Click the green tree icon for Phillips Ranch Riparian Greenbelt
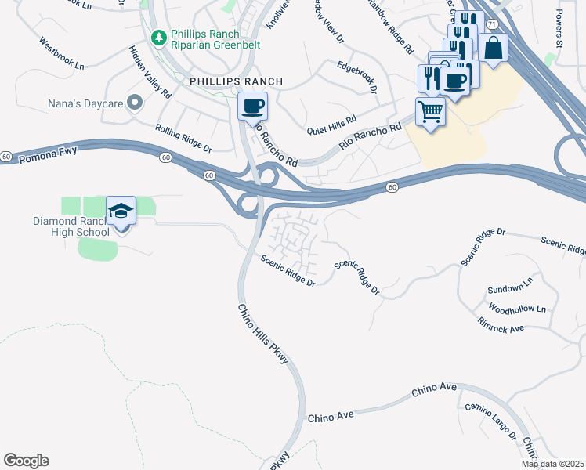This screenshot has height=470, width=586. click(x=158, y=37)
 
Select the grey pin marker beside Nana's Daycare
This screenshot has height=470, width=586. click(x=135, y=102)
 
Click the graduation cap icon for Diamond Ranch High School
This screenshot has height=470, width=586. click(x=121, y=211)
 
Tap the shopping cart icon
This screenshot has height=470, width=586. click(x=430, y=111)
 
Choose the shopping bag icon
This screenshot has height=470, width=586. click(x=493, y=47)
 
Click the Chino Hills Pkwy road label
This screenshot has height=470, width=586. click(x=263, y=334)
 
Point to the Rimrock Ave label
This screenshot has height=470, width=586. click(x=501, y=325)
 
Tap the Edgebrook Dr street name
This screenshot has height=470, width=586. click(x=357, y=76)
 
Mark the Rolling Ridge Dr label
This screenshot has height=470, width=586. click(x=183, y=137)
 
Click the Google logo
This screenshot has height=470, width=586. click(x=26, y=461)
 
